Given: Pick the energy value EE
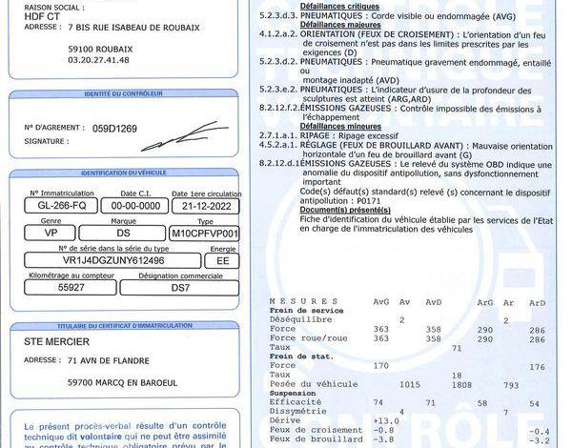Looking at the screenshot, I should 222,259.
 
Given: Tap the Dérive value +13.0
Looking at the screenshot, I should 385,420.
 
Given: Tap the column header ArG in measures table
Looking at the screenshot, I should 485,302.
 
